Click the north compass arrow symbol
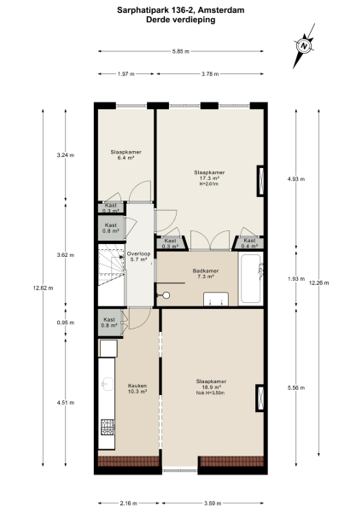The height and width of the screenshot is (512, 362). [303, 45]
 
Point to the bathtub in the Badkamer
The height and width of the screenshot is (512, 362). [251, 278]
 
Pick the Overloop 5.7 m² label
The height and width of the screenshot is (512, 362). [138, 257]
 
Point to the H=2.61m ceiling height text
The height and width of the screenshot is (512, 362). [210, 183]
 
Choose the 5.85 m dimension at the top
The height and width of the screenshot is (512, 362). [179, 53]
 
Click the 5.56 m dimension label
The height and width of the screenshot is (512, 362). [295, 387]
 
